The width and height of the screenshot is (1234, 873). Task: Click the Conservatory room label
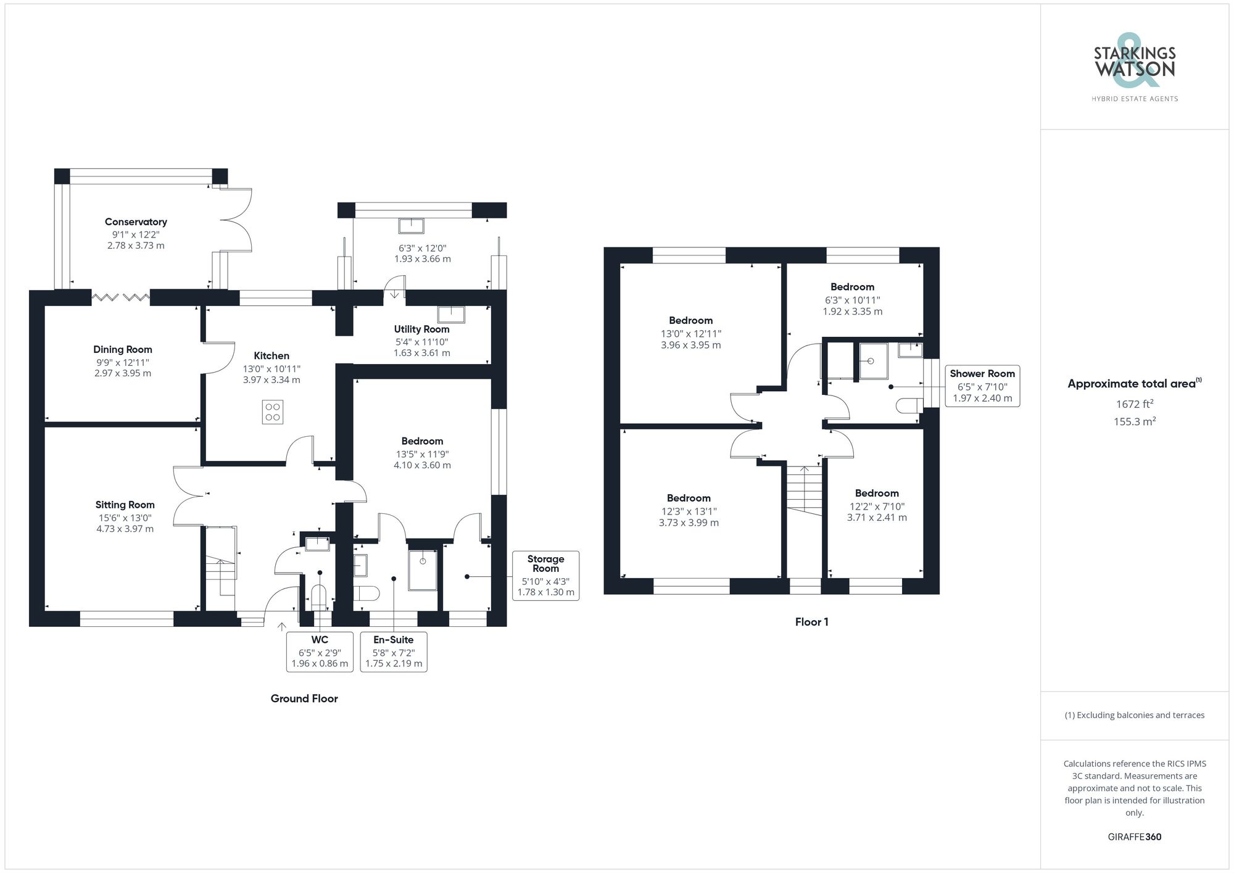136,222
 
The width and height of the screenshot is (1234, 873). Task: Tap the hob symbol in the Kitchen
272,412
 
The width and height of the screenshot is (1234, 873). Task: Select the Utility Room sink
451,315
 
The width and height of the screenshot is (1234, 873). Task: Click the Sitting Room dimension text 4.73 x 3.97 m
125,529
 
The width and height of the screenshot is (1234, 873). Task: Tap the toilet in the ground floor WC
318,598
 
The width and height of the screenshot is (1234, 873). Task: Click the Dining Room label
123,350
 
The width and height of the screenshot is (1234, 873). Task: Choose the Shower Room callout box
982,386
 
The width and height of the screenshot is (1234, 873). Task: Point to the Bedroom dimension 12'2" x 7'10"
877,507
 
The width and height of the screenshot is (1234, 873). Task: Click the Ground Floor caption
304,698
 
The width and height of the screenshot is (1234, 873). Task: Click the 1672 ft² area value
1134,404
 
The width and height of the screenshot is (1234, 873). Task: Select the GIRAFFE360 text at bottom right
1134,837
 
